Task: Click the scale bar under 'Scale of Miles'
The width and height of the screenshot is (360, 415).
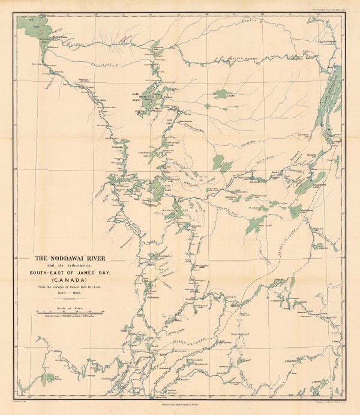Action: [x=70, y=312]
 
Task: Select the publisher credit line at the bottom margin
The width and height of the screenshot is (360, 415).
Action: [x=180, y=406]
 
